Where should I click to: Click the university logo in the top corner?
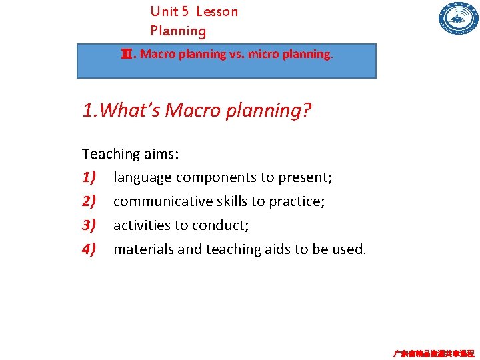(459, 19)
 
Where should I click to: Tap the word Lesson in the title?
(217, 11)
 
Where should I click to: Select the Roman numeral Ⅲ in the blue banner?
(126, 54)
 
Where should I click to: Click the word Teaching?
(111, 154)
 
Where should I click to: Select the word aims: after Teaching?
(161, 154)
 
